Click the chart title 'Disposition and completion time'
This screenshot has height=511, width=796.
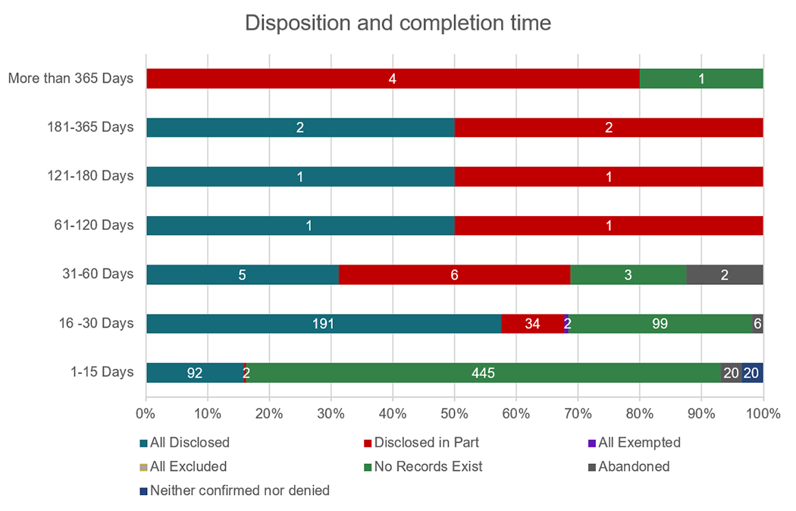tap(397, 24)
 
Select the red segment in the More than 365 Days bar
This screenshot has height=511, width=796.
tap(392, 78)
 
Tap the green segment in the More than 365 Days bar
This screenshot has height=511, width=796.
tap(700, 78)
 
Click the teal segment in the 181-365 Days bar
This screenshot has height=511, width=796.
tap(300, 127)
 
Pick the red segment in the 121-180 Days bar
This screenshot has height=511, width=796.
tap(608, 177)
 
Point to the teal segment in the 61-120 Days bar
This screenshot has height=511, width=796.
tap(300, 225)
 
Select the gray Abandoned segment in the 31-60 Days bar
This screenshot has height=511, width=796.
tap(724, 274)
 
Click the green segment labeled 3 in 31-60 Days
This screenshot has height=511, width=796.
tap(628, 274)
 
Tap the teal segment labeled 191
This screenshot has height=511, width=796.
tap(324, 324)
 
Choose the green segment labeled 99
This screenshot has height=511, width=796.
tap(660, 324)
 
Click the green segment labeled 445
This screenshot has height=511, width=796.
tap(483, 373)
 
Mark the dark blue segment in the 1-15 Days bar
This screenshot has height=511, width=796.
tap(752, 373)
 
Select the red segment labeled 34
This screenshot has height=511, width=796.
tap(532, 324)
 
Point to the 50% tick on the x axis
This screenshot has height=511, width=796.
tap(454, 414)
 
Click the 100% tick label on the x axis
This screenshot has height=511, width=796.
tap(763, 414)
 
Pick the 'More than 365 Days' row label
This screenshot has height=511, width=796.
tap(71, 78)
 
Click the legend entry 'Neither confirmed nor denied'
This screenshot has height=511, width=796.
tap(240, 491)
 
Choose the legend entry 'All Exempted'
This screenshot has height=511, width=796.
tap(639, 442)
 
